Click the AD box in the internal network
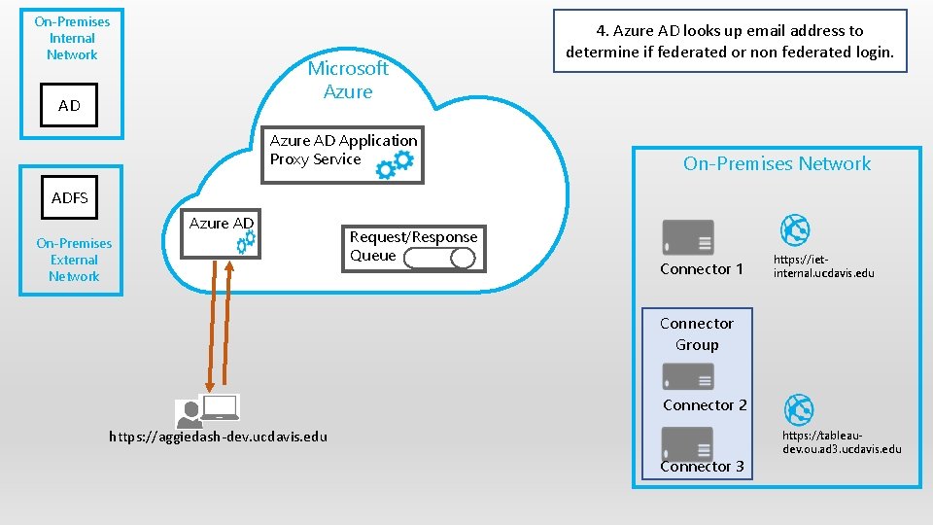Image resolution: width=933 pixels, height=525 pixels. pos(70,105)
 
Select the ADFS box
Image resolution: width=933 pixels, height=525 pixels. pos(70,197)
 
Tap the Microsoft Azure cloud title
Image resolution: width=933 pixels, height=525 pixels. pos(348,80)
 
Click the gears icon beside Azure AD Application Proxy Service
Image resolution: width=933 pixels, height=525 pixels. pos(395,165)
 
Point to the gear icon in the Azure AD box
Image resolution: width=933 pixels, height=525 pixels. pos(246,242)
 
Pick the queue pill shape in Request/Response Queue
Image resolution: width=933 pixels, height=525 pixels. pos(438,258)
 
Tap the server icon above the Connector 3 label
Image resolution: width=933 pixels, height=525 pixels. pos(687,443)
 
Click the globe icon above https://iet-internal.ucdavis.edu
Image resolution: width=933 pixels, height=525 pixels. pos(796,230)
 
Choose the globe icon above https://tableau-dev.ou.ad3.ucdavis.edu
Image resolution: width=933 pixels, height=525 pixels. pos(799,409)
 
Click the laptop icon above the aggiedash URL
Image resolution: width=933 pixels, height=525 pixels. pos(220,407)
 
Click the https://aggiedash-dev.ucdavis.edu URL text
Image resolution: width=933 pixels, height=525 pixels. pos(218,437)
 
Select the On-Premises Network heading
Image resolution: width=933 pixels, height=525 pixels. pos(777,163)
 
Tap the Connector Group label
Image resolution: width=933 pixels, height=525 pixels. pos(697,333)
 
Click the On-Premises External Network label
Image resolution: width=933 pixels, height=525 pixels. pos(74,260)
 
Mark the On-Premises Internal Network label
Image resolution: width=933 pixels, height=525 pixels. pos(72,38)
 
